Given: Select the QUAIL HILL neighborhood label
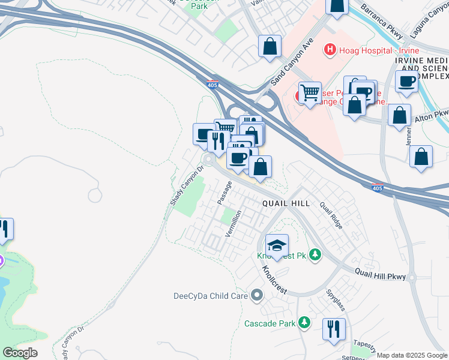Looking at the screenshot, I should [x=286, y=203].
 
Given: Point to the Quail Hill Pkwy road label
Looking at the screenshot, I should [x=380, y=274].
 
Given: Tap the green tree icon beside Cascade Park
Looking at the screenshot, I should [x=305, y=323].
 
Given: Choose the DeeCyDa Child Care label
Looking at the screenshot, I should [x=209, y=295].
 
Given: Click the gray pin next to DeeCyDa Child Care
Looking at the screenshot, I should [x=258, y=295].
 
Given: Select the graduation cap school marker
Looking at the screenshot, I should [x=277, y=245].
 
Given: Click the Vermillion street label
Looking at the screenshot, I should [x=233, y=223].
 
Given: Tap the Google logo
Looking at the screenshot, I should [x=20, y=353].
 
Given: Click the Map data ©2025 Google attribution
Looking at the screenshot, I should [x=412, y=355].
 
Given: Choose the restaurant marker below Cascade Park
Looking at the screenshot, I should [x=334, y=328].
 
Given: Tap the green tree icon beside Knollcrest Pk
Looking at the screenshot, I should [x=315, y=255].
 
